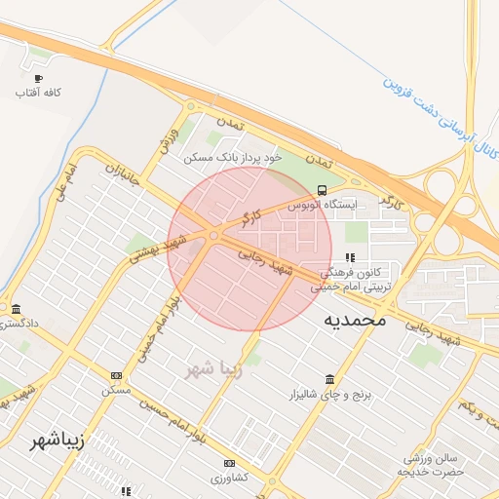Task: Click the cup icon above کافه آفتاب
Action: click(x=39, y=78)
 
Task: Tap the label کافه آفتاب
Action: click(x=39, y=93)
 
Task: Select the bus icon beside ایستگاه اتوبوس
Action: click(x=323, y=190)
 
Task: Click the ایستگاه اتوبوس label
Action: click(x=323, y=206)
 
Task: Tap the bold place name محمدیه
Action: click(x=355, y=320)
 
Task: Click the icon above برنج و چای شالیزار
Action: click(x=330, y=378)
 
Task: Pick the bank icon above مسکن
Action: click(x=118, y=375)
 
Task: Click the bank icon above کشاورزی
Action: click(x=229, y=463)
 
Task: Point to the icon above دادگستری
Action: click(x=14, y=307)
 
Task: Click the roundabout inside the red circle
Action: click(x=213, y=235)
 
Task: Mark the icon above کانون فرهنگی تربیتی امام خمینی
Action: click(x=350, y=258)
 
